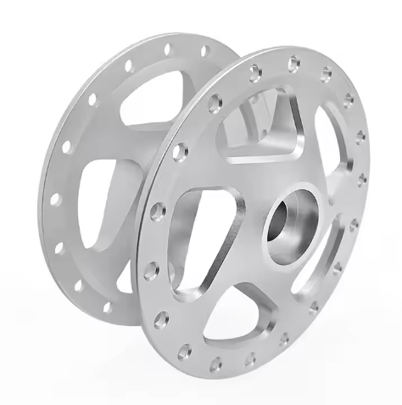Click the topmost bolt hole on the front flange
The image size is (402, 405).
tap(293, 62)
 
